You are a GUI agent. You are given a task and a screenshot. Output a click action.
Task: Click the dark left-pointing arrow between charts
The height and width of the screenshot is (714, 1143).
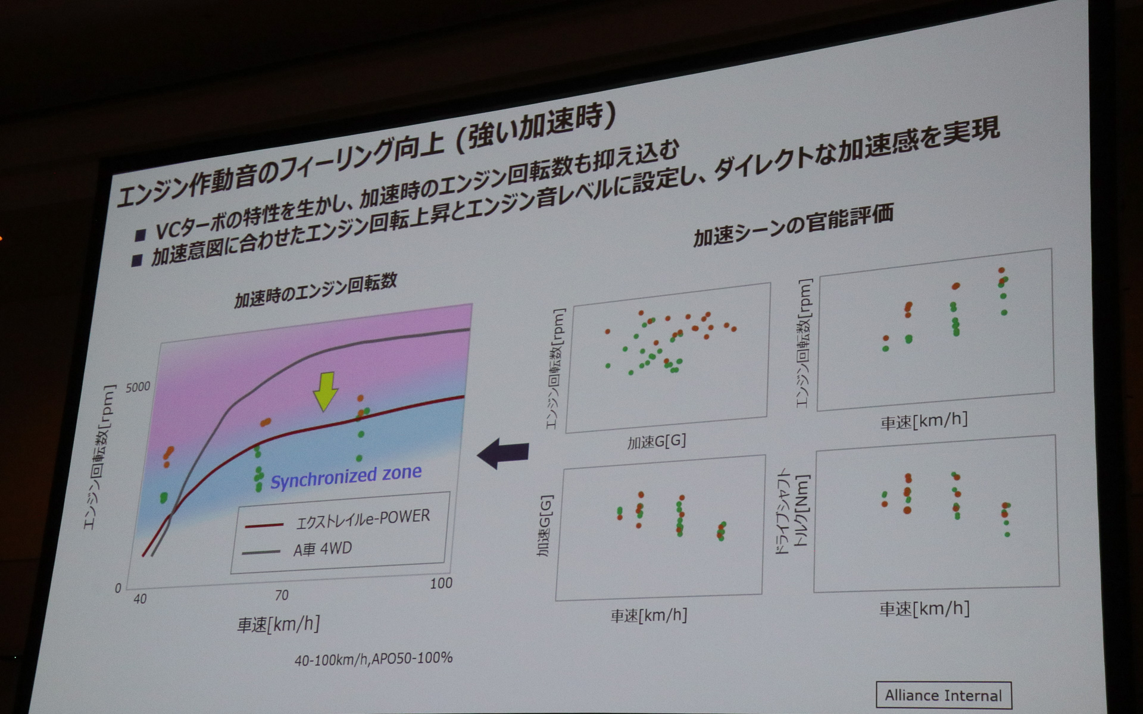point(504,454)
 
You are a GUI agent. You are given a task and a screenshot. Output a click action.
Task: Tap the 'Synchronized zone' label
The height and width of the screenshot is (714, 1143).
point(346,477)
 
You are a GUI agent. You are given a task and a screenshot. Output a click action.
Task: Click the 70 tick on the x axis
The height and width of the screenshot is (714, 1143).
point(282,595)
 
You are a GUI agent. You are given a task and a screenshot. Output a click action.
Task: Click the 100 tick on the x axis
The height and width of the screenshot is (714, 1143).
point(441,583)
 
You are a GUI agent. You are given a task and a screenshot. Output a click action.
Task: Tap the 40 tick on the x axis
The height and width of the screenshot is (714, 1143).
point(140,599)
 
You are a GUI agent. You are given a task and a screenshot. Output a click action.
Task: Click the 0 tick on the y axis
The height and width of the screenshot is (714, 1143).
point(118,588)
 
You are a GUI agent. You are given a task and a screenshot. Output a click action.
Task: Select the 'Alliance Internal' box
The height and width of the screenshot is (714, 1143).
point(943,695)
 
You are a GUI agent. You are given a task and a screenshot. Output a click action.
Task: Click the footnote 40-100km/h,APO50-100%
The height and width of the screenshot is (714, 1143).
point(373,659)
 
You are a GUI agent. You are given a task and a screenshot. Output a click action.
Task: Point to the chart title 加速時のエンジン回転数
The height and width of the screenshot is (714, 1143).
point(316,290)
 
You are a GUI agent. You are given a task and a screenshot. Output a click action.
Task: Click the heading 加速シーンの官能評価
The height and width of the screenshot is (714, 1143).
point(794,226)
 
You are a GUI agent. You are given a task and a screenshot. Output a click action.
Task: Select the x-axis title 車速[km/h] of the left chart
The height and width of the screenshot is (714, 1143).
point(279,624)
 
